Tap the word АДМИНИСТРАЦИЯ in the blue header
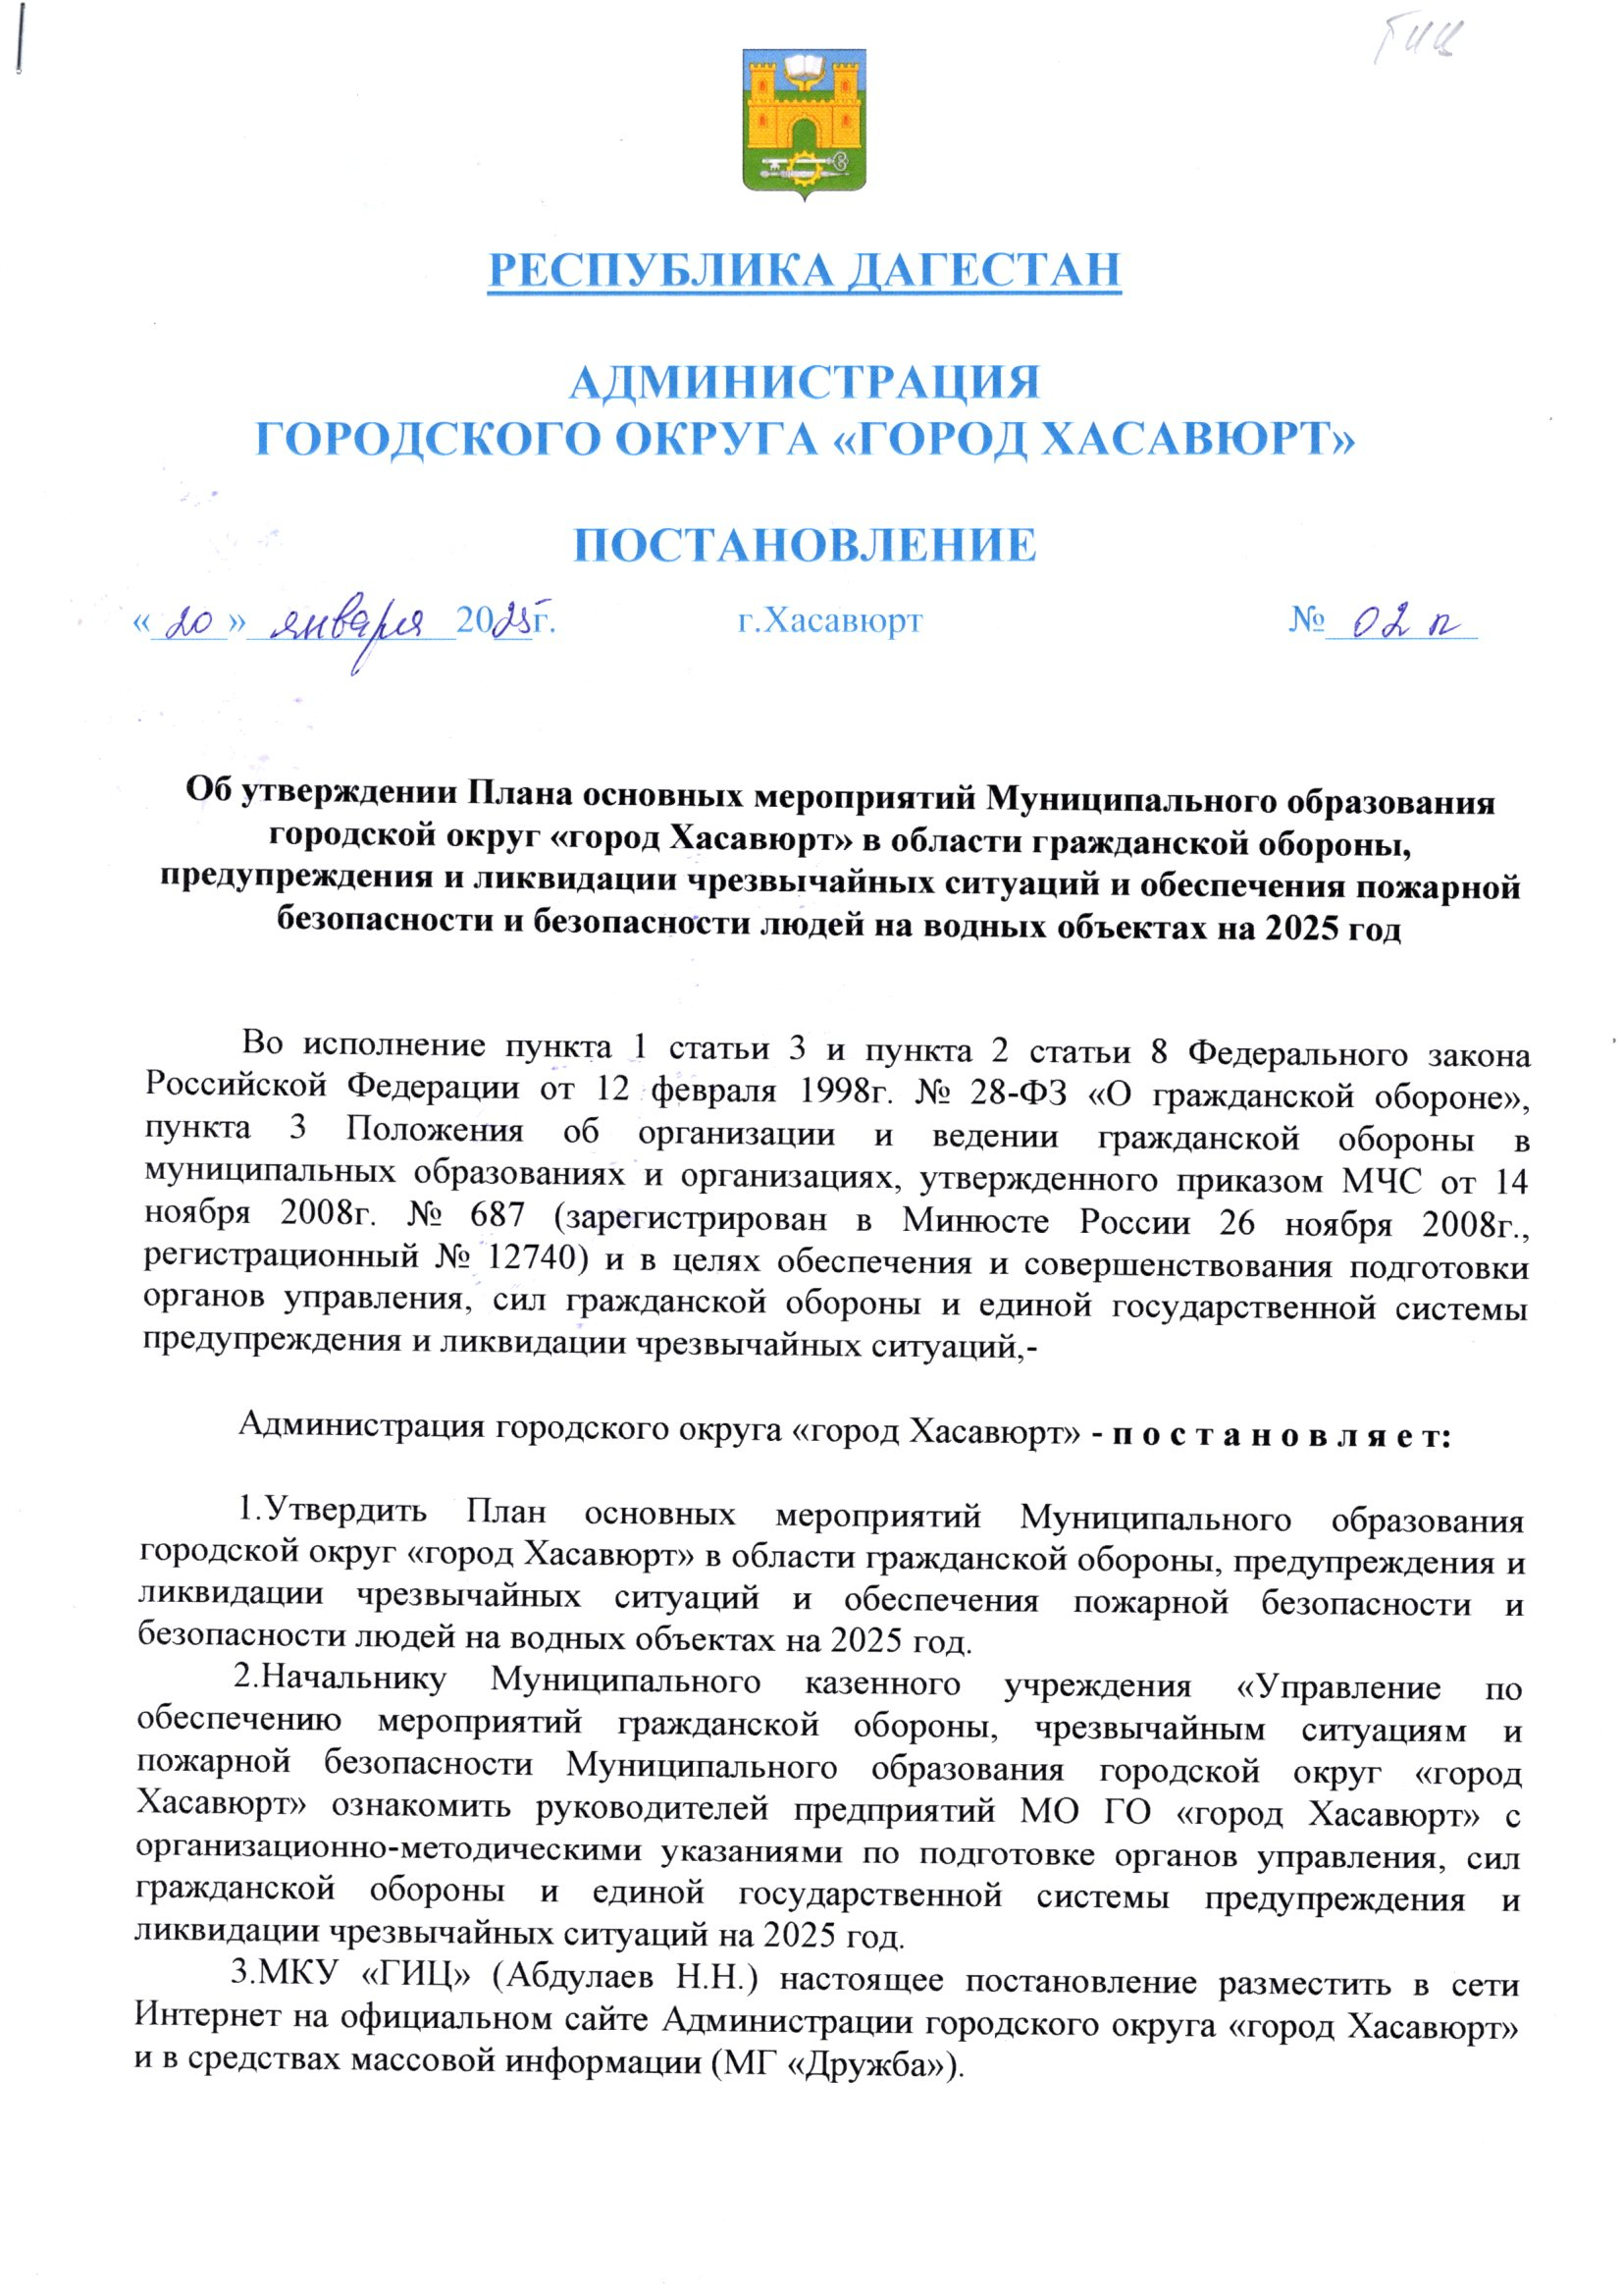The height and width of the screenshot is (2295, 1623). (805, 383)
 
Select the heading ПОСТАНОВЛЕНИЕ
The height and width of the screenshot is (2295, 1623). (805, 546)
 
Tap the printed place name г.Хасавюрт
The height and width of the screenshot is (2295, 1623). (829, 621)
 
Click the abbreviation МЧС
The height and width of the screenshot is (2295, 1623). (1376, 1182)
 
